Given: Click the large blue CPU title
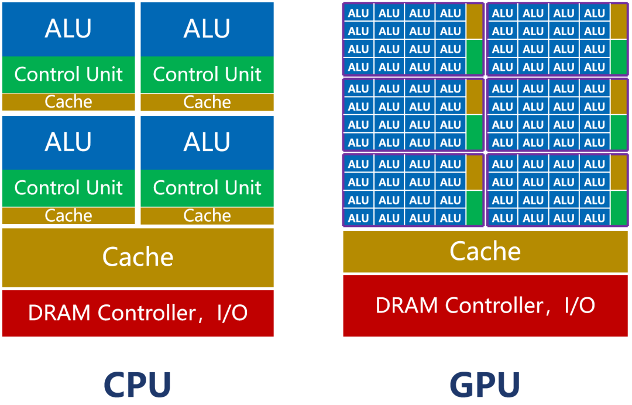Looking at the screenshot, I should click(138, 385).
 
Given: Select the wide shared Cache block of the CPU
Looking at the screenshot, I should click(138, 258).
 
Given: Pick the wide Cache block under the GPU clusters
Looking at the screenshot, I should click(485, 252).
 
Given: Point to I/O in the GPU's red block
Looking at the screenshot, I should click(579, 306).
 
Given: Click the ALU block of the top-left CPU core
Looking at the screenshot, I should click(68, 29).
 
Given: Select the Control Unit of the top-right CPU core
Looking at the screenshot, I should click(207, 74).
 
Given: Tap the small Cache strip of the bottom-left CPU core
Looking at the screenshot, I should click(68, 216).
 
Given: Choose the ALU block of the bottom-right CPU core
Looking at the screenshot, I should click(207, 142).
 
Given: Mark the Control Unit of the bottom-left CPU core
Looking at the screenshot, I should click(68, 188).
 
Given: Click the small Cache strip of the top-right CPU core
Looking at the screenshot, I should click(207, 102).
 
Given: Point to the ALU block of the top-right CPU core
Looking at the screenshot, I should click(207, 29).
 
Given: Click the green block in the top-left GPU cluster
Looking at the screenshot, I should click(475, 57).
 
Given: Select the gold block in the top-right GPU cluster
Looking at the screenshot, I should click(618, 22).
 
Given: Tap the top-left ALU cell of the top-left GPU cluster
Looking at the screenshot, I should click(358, 13).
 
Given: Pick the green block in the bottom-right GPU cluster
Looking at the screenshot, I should click(618, 208).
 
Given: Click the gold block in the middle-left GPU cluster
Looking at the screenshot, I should click(475, 97).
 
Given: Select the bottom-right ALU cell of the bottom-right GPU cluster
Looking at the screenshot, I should click(595, 218).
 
